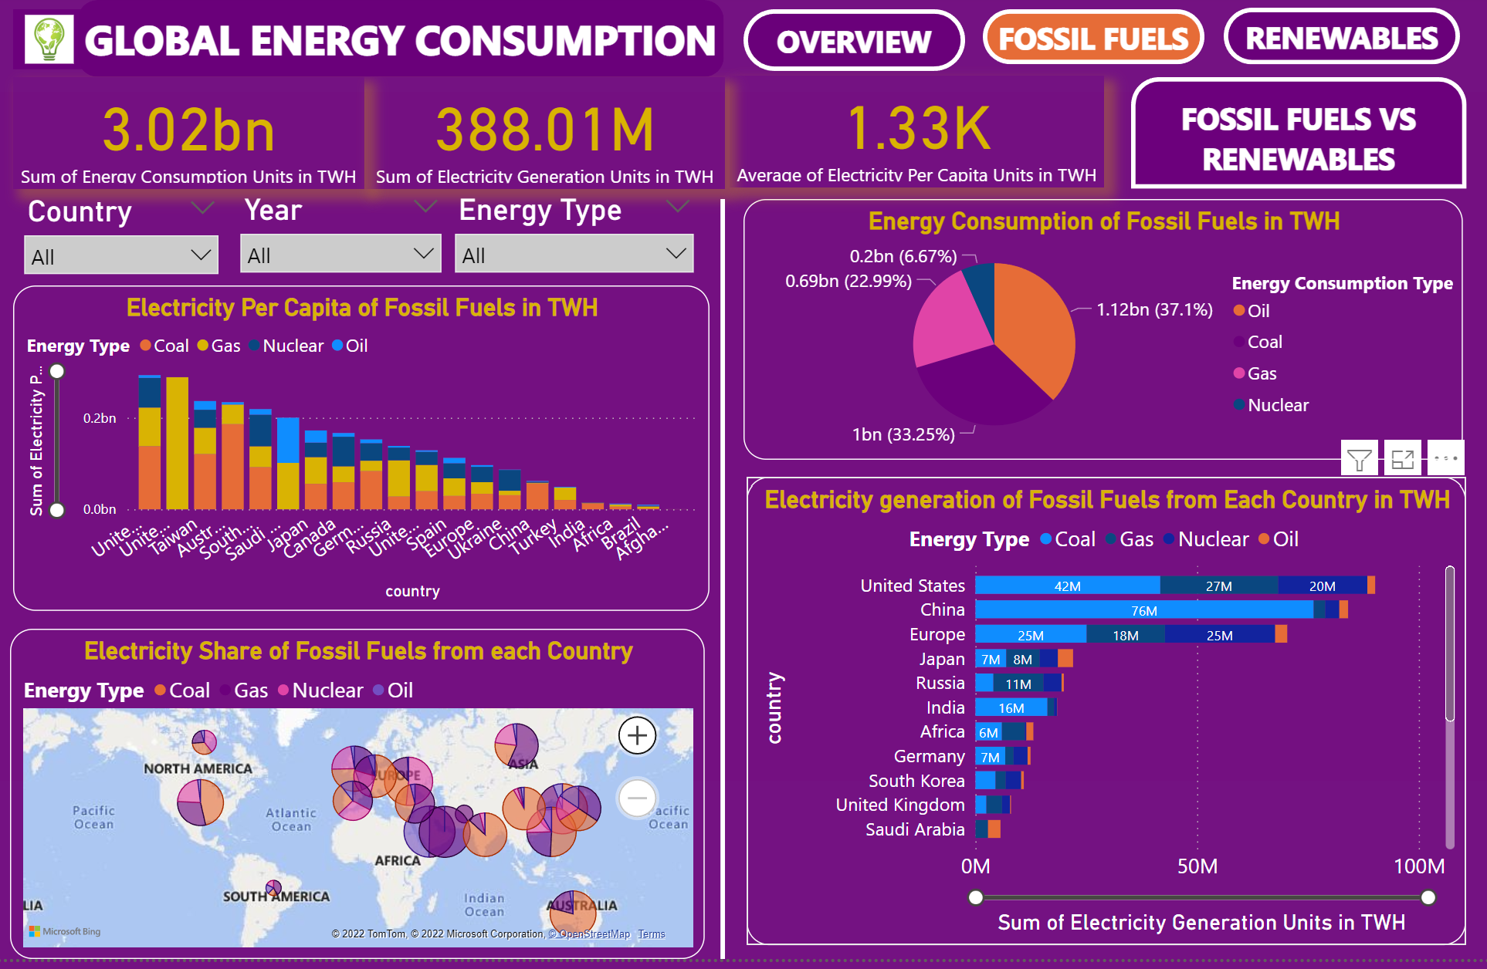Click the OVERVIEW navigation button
[x=853, y=41]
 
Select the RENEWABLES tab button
[x=1341, y=38]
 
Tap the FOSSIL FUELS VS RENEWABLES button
[x=1298, y=138]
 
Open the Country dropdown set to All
[x=121, y=256]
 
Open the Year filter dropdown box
[x=340, y=255]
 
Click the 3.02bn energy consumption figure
[x=188, y=130]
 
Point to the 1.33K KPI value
[x=918, y=128]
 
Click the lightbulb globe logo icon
[x=49, y=39]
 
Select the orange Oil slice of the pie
[x=1035, y=324]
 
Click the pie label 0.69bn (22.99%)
[x=848, y=281]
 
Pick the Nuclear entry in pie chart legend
[x=1277, y=405]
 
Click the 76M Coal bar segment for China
[x=1143, y=610]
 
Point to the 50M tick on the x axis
[x=1197, y=866]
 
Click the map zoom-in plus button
[x=637, y=735]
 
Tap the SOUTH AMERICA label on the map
[x=276, y=896]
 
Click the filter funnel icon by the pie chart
[x=1359, y=460]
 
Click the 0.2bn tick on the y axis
[x=100, y=418]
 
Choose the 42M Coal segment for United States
[x=1067, y=586]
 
